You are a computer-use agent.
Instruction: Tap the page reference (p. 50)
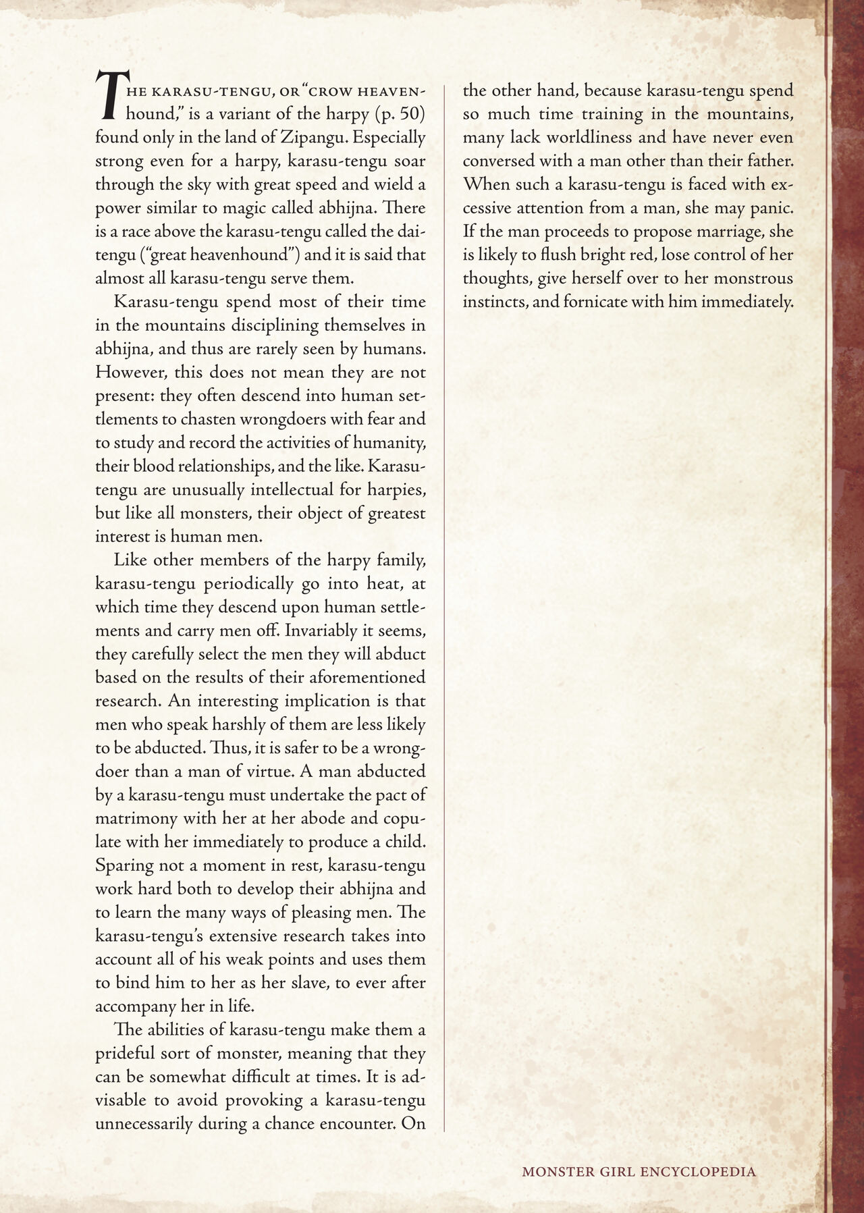point(400,114)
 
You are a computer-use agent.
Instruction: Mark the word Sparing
point(123,865)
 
